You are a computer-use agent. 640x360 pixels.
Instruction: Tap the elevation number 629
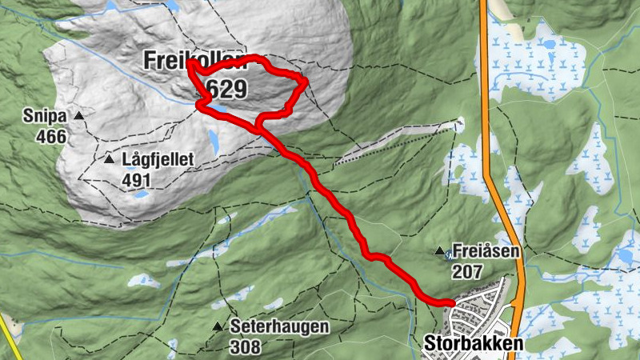226,88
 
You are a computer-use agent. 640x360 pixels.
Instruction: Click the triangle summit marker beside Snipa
78,117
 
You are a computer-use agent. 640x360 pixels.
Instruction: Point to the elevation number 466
50,136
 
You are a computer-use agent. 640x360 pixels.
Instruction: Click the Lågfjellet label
158,160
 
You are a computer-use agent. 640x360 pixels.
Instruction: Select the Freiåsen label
486,250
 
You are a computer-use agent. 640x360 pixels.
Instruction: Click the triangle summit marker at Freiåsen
438,251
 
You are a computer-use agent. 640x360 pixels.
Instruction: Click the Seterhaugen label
268,327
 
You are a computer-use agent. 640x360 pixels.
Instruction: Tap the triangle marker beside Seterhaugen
217,327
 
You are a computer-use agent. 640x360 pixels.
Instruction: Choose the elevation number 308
245,347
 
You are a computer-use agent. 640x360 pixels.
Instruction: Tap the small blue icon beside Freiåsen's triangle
449,254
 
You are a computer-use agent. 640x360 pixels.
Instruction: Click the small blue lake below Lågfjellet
141,194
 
